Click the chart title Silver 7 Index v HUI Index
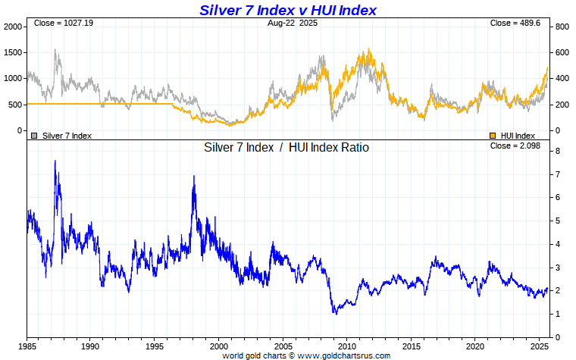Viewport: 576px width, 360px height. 288,10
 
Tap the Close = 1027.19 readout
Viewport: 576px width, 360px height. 63,23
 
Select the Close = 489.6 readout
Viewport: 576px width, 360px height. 515,23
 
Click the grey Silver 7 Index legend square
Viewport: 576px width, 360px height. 33,136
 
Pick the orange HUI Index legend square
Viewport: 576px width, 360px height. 493,136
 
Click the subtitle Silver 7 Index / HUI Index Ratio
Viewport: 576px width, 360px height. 286,148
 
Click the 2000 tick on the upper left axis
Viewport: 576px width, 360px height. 13,27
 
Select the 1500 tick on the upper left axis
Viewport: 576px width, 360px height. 13,52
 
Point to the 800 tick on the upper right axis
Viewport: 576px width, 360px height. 561,27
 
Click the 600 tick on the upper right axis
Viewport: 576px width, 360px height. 561,52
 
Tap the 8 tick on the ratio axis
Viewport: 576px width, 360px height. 557,152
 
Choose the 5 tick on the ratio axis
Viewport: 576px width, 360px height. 557,221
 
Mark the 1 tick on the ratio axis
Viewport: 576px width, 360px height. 557,314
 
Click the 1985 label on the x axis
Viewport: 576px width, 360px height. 27,346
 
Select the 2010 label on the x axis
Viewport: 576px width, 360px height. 346,346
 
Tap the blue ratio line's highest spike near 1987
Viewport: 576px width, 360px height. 55,161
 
